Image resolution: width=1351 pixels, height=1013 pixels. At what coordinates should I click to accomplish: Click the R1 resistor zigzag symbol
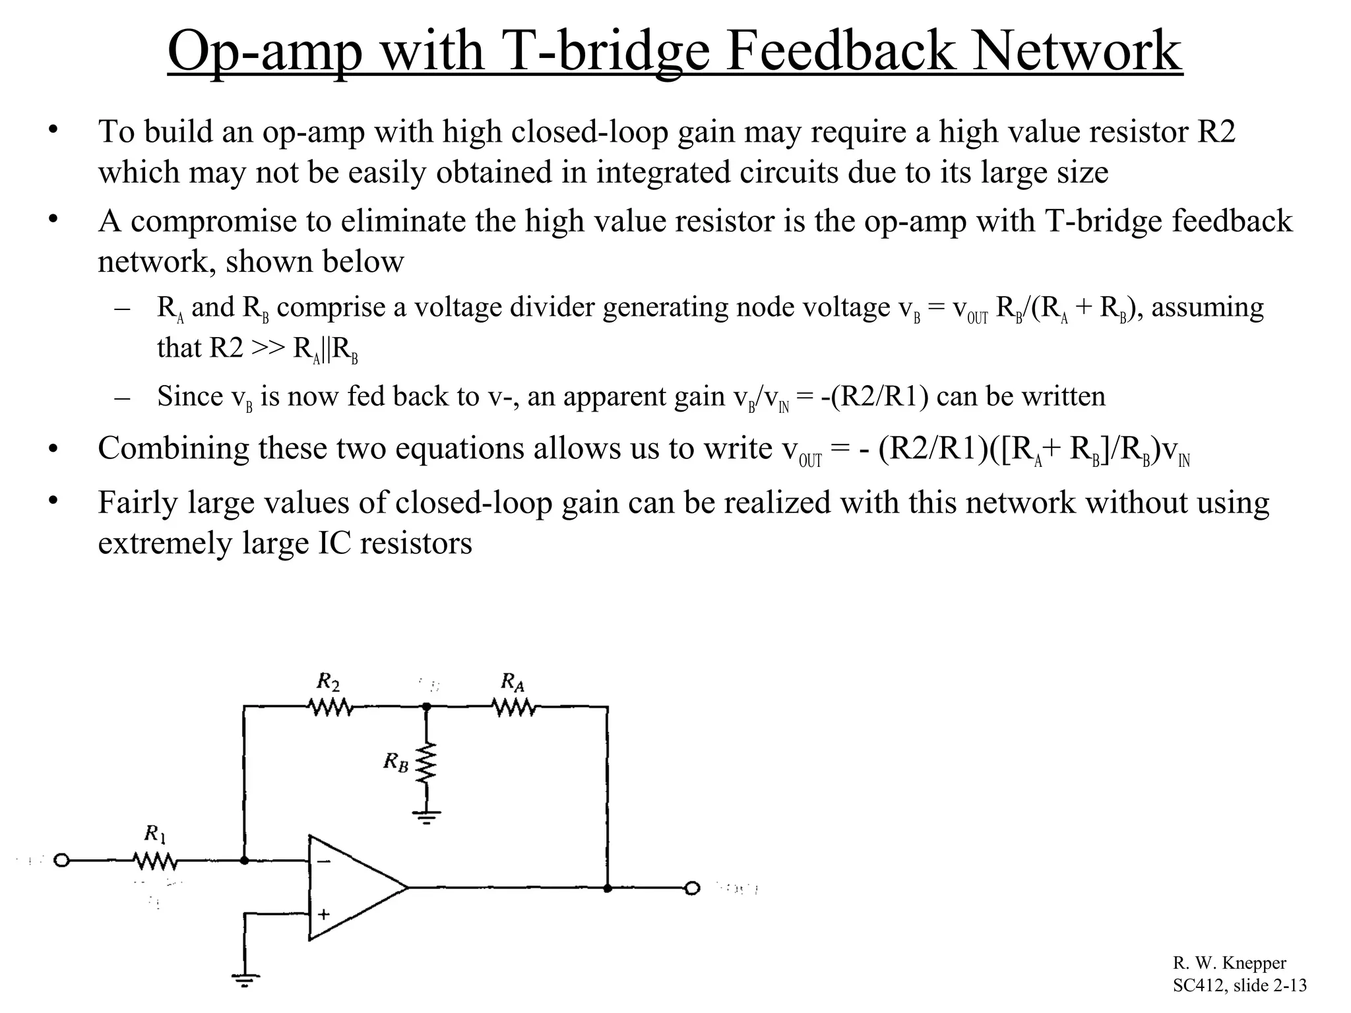pyautogui.click(x=154, y=861)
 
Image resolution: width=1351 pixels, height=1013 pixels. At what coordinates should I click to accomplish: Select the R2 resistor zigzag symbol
pyautogui.click(x=330, y=707)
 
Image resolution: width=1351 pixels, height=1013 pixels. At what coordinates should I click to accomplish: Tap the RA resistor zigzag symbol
pyautogui.click(x=514, y=707)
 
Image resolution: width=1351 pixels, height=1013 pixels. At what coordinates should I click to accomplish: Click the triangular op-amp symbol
pyautogui.click(x=353, y=888)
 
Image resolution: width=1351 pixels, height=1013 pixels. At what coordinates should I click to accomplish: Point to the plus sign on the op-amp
pyautogui.click(x=324, y=914)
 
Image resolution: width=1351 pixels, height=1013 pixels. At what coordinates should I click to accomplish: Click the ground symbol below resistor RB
pyautogui.click(x=427, y=818)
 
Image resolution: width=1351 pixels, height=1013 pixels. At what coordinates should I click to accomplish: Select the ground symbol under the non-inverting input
pyautogui.click(x=245, y=980)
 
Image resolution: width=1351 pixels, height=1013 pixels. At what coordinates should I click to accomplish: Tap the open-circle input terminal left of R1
pyautogui.click(x=61, y=861)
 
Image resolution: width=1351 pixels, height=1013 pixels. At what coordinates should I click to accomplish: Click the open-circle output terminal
pyautogui.click(x=692, y=888)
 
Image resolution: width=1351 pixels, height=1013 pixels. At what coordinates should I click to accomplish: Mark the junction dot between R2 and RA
pyautogui.click(x=427, y=706)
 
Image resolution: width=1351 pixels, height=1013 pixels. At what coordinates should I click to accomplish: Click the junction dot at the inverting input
pyautogui.click(x=245, y=861)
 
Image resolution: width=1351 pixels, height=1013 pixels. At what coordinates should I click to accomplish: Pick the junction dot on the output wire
pyautogui.click(x=608, y=888)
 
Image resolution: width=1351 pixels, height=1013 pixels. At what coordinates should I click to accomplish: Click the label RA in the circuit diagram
pyautogui.click(x=513, y=681)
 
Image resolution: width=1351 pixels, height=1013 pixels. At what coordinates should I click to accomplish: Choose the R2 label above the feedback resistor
pyautogui.click(x=328, y=681)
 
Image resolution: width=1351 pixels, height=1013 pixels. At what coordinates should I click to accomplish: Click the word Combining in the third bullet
pyautogui.click(x=173, y=448)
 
